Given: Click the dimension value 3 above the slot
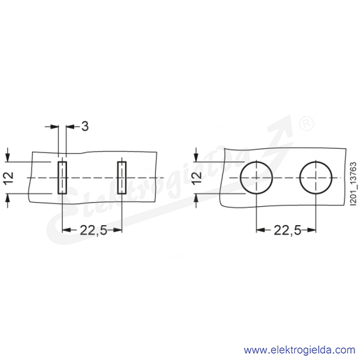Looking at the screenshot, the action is tap(85, 127).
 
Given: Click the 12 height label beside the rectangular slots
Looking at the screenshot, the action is tap(9, 178).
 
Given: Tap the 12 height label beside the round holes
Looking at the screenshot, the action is tap(197, 178).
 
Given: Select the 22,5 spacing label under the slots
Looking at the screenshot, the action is tap(94, 231).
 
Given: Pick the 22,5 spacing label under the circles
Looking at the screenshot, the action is tap(287, 231).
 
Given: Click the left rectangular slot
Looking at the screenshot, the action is tap(62, 178).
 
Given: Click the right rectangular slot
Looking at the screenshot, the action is tap(122, 178).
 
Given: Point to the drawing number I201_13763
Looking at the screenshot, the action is tap(353, 184).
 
